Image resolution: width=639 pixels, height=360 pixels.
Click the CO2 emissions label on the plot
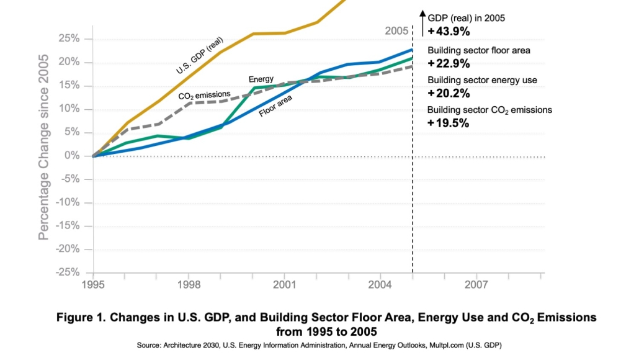click(204, 96)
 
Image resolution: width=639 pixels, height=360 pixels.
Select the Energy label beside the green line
click(261, 79)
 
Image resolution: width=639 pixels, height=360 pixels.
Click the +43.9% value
click(449, 30)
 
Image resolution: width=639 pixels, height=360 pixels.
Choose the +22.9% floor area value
click(449, 63)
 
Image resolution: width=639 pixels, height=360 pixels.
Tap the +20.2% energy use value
click(449, 93)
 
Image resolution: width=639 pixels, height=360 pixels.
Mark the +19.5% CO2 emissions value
click(449, 123)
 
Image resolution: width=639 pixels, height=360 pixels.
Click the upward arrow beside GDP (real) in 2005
click(422, 22)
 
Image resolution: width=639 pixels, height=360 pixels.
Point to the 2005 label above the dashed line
click(396, 30)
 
